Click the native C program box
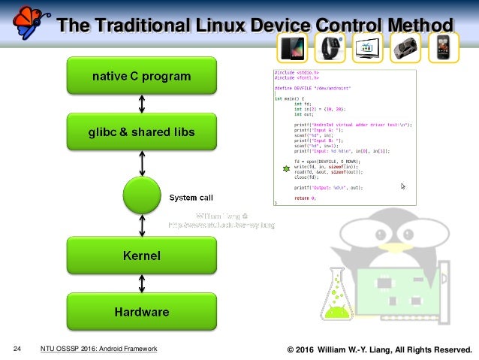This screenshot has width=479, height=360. [x=141, y=76]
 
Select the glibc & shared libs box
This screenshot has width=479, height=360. [x=143, y=132]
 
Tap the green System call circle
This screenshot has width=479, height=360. [x=143, y=196]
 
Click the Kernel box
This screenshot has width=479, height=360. [x=142, y=256]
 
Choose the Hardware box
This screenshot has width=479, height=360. [x=142, y=310]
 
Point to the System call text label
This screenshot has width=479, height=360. [x=191, y=198]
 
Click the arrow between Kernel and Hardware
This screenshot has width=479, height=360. [x=143, y=283]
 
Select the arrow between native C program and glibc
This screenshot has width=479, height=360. [x=143, y=104]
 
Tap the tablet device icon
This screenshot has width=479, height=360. [x=291, y=48]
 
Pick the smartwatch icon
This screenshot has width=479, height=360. [x=329, y=48]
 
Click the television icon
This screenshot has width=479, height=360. [x=366, y=48]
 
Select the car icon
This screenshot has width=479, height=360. [x=406, y=48]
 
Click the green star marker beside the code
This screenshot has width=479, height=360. [x=286, y=169]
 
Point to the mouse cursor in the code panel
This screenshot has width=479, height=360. [x=403, y=186]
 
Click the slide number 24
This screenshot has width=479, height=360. [x=17, y=349]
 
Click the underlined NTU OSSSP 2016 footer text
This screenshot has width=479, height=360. [x=98, y=349]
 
